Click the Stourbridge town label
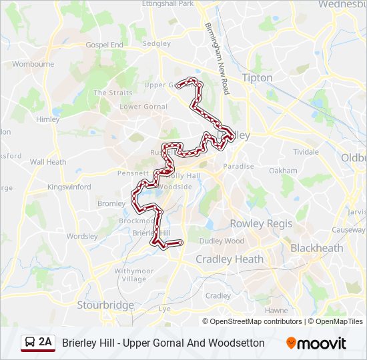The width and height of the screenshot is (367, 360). [x=105, y=305]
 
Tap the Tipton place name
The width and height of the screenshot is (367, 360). [x=257, y=77]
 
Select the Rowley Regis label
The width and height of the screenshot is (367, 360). [x=261, y=223]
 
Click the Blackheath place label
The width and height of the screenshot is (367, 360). [x=316, y=248]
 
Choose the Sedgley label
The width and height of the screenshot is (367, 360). [x=157, y=43]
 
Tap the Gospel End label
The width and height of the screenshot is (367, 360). [x=104, y=45]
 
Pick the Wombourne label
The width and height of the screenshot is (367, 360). [x=33, y=64]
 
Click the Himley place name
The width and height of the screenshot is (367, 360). [x=48, y=119]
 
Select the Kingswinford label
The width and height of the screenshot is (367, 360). [x=69, y=187]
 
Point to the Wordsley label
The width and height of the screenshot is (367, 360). [x=82, y=236]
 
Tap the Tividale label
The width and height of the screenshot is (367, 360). [x=306, y=152]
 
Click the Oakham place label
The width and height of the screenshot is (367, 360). [x=283, y=171]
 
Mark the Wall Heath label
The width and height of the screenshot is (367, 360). [x=48, y=161]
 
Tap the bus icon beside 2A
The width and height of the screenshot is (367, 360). [x=30, y=343]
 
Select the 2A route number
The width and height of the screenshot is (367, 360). [x=45, y=343]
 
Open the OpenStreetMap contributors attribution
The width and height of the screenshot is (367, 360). [x=256, y=321]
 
